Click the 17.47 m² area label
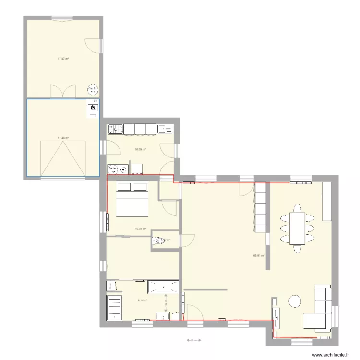[63, 59]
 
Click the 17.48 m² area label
[63, 138]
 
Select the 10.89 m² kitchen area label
[140, 149]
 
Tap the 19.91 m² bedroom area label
[141, 229]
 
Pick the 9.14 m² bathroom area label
[143, 301]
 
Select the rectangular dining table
[298, 228]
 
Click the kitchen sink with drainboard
[165, 129]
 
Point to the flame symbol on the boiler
[92, 108]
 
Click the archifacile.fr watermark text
[331, 355]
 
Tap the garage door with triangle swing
[63, 158]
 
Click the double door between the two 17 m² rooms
[63, 91]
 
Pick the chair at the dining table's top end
[298, 207]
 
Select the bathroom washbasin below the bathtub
[166, 315]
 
